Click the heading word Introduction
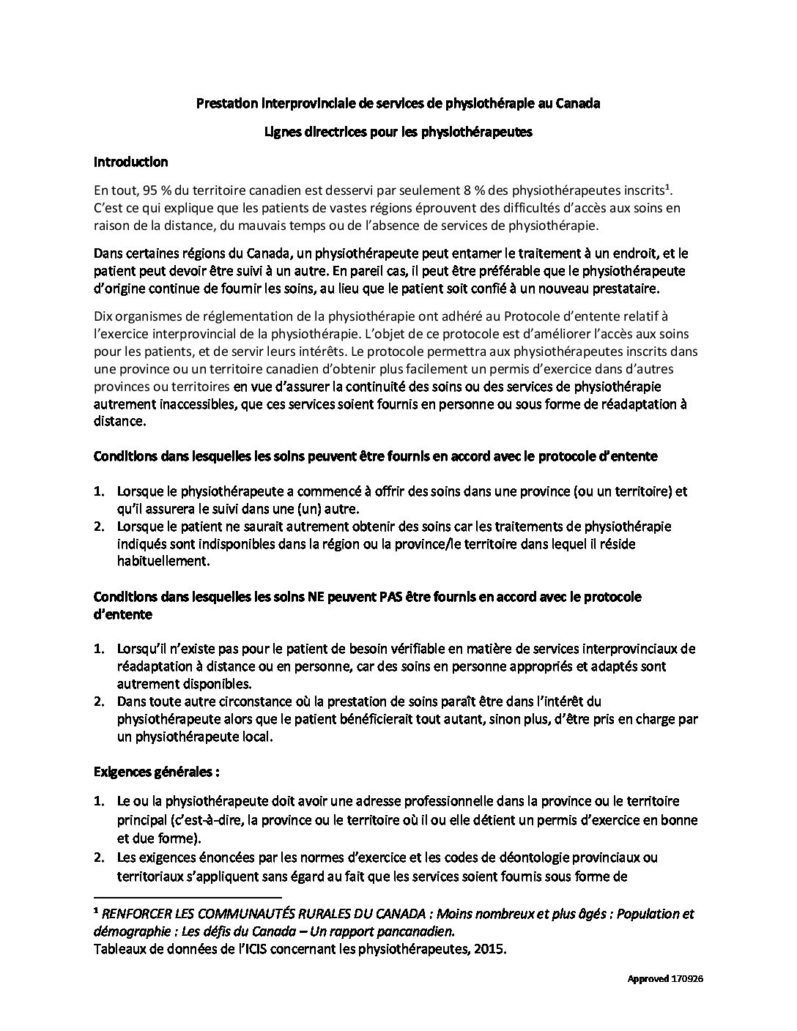click(x=130, y=162)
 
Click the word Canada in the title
click(x=578, y=103)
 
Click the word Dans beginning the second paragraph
click(x=108, y=253)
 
